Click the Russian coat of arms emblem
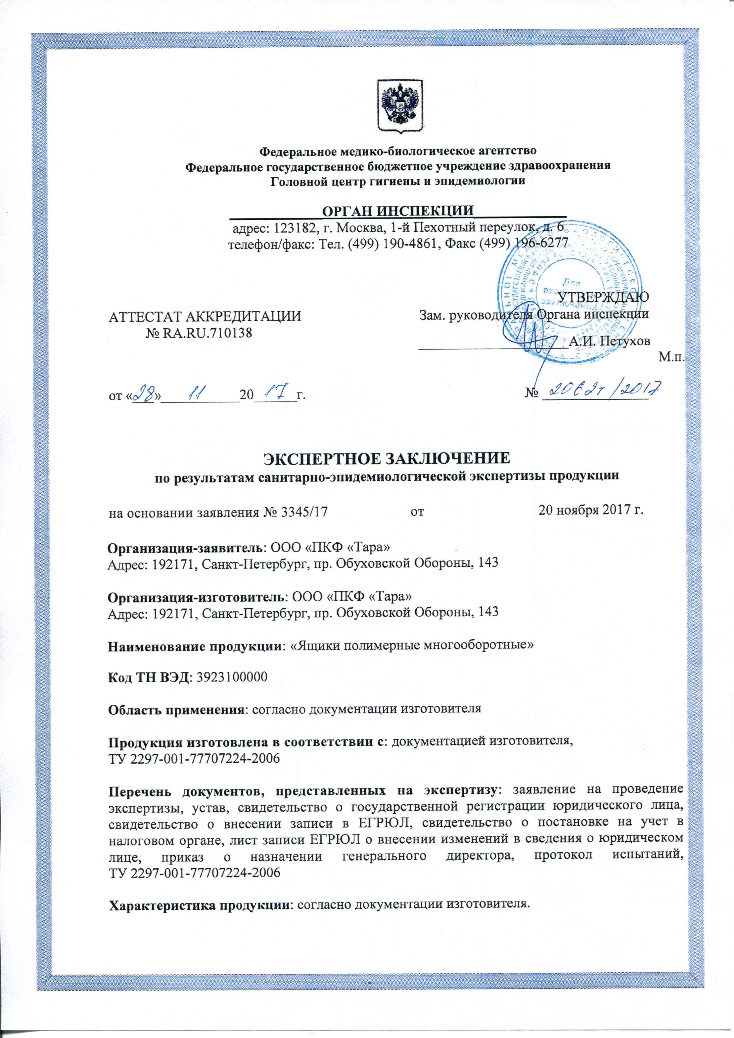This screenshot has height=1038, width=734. [x=399, y=107]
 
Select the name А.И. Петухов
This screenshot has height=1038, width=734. [x=609, y=341]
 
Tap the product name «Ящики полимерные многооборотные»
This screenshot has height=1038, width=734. [x=411, y=645]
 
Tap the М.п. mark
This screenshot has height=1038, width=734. [x=671, y=359]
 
